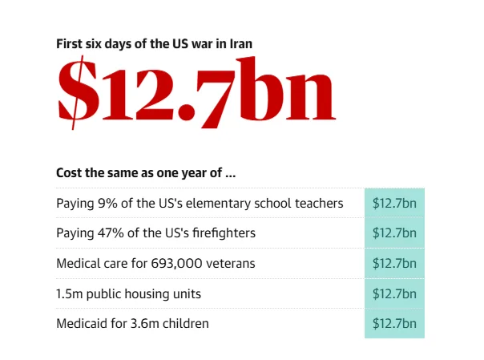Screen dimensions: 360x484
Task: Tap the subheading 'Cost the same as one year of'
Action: (145, 173)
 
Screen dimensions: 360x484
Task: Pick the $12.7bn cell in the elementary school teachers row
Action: (394, 204)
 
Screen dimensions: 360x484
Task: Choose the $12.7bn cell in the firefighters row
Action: (394, 233)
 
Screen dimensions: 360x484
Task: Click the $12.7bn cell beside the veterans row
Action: (394, 263)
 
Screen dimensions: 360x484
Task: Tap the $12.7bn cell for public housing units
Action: (394, 293)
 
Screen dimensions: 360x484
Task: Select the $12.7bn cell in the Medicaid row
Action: (394, 324)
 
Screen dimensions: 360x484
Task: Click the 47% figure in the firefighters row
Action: (113, 233)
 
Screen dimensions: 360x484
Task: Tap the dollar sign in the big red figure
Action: (74, 91)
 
